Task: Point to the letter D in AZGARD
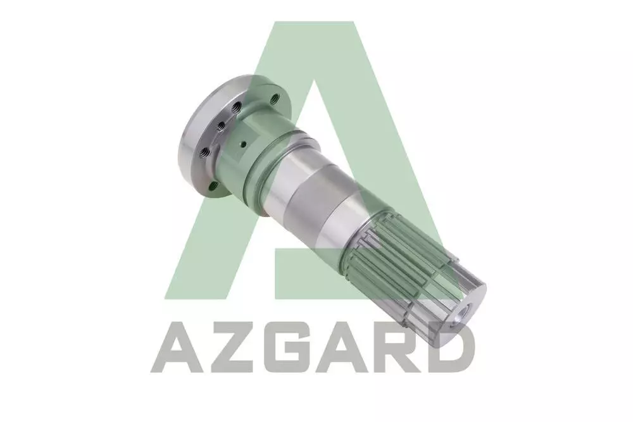click(x=451, y=347)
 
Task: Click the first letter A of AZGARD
click(x=177, y=347)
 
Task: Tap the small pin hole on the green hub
click(x=243, y=142)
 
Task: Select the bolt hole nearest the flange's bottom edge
click(x=213, y=186)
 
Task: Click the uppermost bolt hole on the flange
click(x=276, y=97)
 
